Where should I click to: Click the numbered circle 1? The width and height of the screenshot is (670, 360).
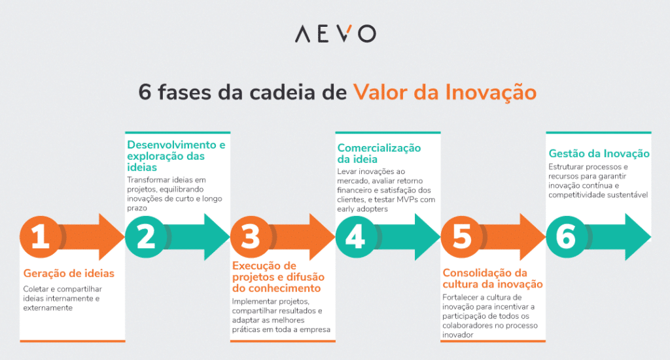[x=41, y=237]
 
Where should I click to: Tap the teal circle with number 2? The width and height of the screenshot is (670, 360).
[x=145, y=237]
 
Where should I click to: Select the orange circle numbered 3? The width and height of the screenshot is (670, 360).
[x=251, y=237]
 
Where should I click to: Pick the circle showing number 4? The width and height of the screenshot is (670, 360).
[x=355, y=237]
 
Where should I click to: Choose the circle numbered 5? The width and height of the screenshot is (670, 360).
[x=461, y=237]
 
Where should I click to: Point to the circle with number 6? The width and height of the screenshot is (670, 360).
[x=566, y=237]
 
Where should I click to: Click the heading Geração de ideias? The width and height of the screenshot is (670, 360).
[x=69, y=274]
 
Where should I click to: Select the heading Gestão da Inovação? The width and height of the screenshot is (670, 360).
[x=599, y=154]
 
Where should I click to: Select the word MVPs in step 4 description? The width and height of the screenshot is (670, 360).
[x=404, y=200]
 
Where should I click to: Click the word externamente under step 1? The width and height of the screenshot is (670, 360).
[x=47, y=308]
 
